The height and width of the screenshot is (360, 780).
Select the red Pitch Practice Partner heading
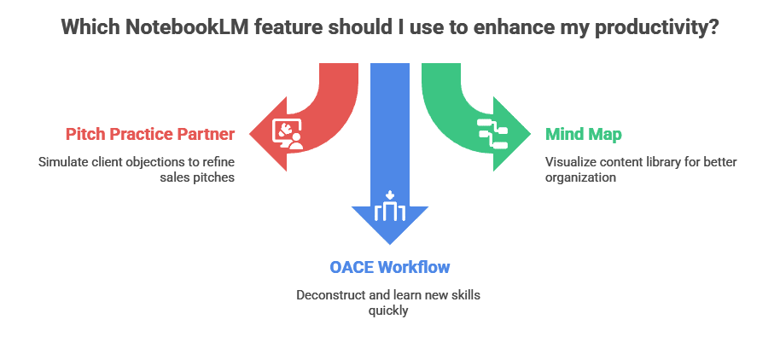click(x=150, y=134)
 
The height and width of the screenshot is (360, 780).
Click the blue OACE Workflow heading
click(x=390, y=267)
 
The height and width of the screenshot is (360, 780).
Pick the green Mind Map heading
click(x=585, y=134)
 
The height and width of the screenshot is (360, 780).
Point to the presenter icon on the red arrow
click(x=287, y=134)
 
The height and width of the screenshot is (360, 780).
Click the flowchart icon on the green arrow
click(x=492, y=134)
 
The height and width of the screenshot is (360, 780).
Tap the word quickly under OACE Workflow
click(x=390, y=311)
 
